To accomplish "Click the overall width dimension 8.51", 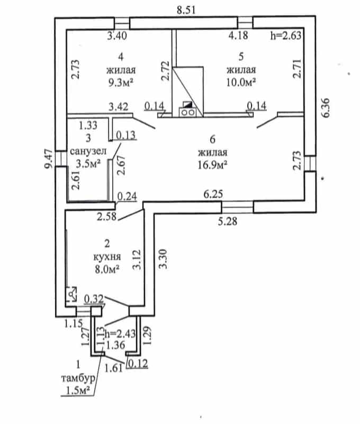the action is click(x=186, y=10).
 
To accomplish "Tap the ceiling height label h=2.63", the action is click(x=286, y=36).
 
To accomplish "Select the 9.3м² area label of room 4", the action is click(x=121, y=83).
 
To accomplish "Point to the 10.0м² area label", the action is click(x=241, y=82).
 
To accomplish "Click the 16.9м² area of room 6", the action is click(x=212, y=165).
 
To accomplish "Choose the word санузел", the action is click(x=88, y=151).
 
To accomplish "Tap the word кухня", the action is click(x=107, y=257).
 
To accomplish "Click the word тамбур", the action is click(x=78, y=378).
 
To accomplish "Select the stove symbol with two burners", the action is click(x=187, y=112).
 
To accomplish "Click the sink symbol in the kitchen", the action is click(x=71, y=294).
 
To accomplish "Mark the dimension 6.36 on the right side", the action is click(x=326, y=108).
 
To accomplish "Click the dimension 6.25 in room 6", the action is click(x=213, y=194).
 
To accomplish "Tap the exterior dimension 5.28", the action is click(x=228, y=221).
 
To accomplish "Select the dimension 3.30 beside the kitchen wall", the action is click(x=163, y=259).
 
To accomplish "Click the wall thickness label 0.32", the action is click(x=94, y=299).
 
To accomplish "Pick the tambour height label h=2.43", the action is click(x=120, y=334).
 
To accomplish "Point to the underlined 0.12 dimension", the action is click(x=138, y=364).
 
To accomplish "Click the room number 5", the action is click(x=241, y=57).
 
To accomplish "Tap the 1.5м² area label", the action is click(x=78, y=391).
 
